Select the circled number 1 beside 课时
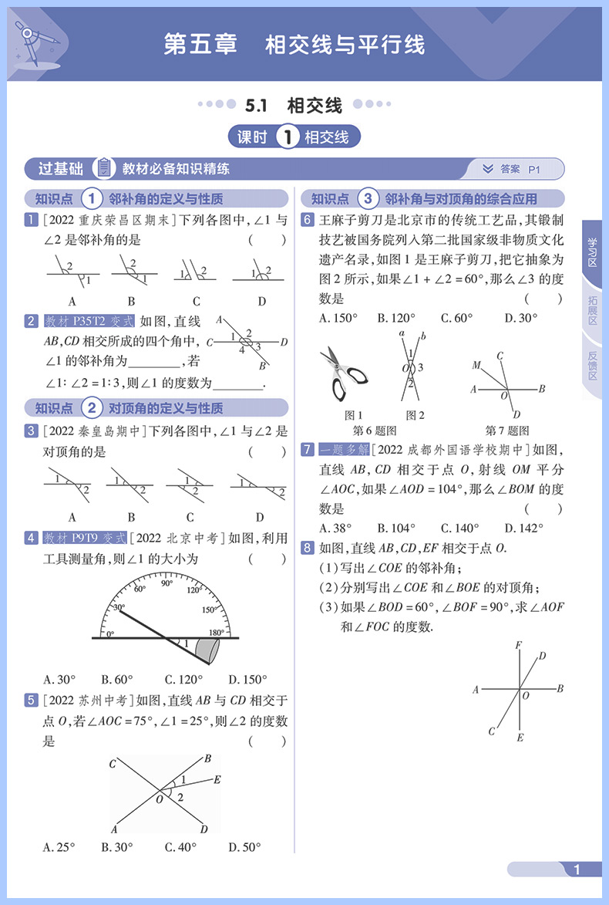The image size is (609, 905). point(287,138)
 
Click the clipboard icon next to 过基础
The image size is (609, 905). point(103,168)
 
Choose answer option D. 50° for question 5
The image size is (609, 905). point(248,847)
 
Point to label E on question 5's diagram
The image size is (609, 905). point(217,779)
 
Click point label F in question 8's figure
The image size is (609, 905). point(518,644)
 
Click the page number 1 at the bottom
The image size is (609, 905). point(576,870)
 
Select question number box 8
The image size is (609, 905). point(307,548)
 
